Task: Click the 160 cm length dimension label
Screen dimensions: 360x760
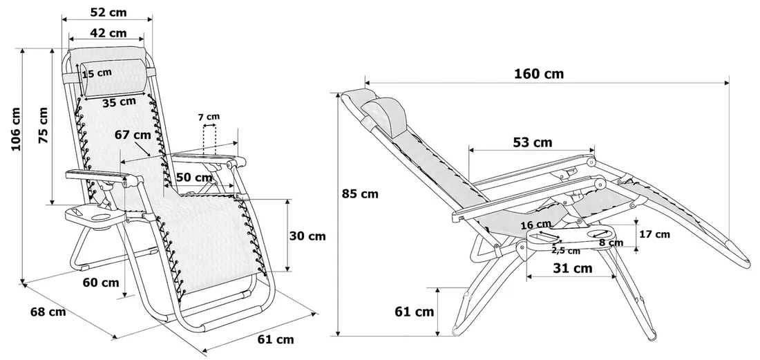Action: (x=539, y=74)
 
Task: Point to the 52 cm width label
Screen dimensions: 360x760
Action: (x=107, y=12)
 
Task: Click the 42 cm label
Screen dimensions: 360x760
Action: (x=108, y=32)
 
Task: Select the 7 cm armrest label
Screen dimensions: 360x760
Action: (x=208, y=116)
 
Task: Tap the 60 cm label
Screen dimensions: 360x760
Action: (x=100, y=282)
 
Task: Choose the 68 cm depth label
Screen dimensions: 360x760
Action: (x=48, y=312)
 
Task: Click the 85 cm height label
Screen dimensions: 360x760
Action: (x=361, y=193)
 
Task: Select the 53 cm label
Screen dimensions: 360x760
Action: (x=533, y=142)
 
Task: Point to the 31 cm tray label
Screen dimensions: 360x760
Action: (x=573, y=268)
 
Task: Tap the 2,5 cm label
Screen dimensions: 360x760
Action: (x=566, y=250)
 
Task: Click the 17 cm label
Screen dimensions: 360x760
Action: (x=654, y=234)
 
